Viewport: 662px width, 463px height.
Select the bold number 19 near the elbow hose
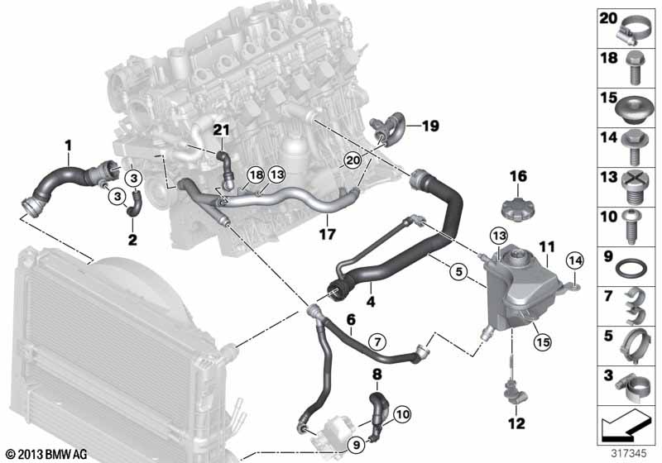tap(429, 126)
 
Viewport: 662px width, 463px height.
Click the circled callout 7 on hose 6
tap(377, 340)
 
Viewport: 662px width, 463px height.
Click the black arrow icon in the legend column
tap(625, 427)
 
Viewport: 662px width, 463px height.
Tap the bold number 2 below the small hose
tap(130, 241)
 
